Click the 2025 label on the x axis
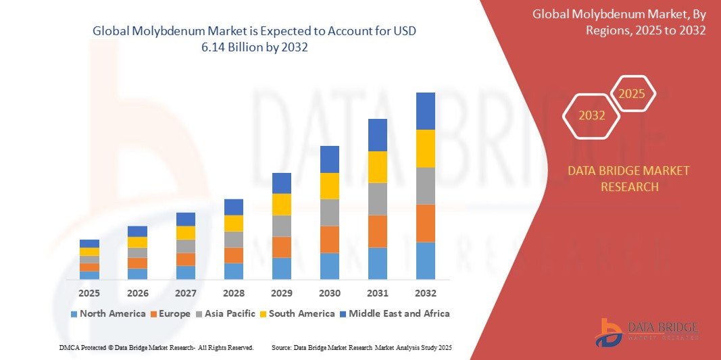pyautogui.click(x=89, y=293)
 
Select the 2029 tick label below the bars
pyautogui.click(x=282, y=293)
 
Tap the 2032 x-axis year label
pyautogui.click(x=426, y=293)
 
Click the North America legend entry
pyautogui.click(x=108, y=313)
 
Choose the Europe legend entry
pyautogui.click(x=172, y=313)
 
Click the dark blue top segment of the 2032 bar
pyautogui.click(x=426, y=111)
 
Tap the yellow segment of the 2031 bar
pyautogui.click(x=378, y=167)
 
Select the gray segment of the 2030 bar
pyautogui.click(x=330, y=212)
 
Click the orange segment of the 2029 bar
pyautogui.click(x=282, y=247)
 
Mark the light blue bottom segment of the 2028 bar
pyautogui.click(x=234, y=271)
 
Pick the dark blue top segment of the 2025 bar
pyautogui.click(x=89, y=243)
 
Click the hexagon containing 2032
pyautogui.click(x=591, y=115)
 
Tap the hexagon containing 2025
pyautogui.click(x=632, y=94)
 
